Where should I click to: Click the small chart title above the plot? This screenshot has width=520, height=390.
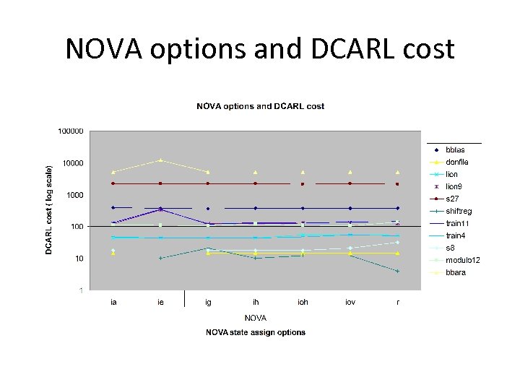click(260, 106)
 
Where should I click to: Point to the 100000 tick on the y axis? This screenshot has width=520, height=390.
click(69, 131)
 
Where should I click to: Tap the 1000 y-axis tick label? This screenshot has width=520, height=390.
click(74, 195)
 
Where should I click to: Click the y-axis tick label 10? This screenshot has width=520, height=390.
click(79, 259)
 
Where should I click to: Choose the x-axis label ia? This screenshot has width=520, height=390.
click(113, 302)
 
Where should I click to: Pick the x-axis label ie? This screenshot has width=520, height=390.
click(160, 302)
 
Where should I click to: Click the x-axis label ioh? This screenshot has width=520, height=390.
click(303, 302)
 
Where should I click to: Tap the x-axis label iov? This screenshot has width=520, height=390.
click(350, 302)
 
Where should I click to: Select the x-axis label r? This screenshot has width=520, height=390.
click(397, 302)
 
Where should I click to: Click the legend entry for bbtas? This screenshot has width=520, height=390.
click(455, 149)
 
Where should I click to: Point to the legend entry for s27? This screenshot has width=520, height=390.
click(451, 199)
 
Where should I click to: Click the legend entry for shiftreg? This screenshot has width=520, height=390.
click(459, 211)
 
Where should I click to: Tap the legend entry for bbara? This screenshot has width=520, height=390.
click(455, 272)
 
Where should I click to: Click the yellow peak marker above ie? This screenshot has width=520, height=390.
click(160, 160)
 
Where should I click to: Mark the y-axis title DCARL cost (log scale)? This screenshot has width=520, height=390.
click(48, 209)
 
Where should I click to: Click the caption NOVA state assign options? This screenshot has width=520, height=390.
click(256, 332)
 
